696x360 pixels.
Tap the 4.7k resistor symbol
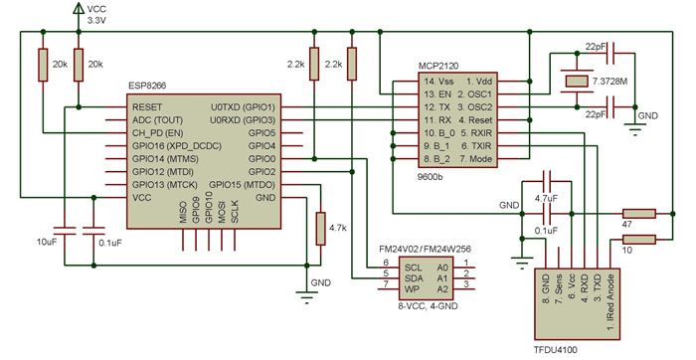click(x=320, y=228)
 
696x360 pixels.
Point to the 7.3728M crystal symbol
click(x=573, y=80)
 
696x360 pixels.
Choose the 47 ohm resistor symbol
click(x=638, y=212)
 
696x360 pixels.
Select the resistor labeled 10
click(x=638, y=238)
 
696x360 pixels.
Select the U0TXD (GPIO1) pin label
click(x=243, y=106)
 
